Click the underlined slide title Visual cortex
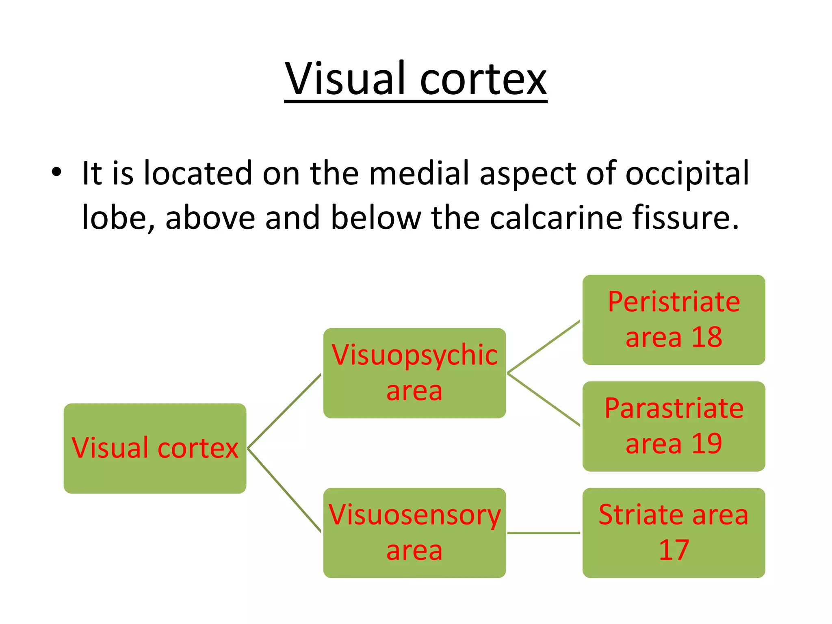click(x=416, y=79)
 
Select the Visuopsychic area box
click(x=414, y=373)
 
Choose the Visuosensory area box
click(x=414, y=533)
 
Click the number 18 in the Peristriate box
click(x=706, y=337)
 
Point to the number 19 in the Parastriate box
click(x=706, y=444)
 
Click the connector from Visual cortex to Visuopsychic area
click(x=284, y=411)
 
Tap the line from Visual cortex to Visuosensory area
click(x=284, y=490)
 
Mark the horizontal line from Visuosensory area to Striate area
click(x=544, y=533)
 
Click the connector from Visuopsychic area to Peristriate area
click(x=544, y=347)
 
